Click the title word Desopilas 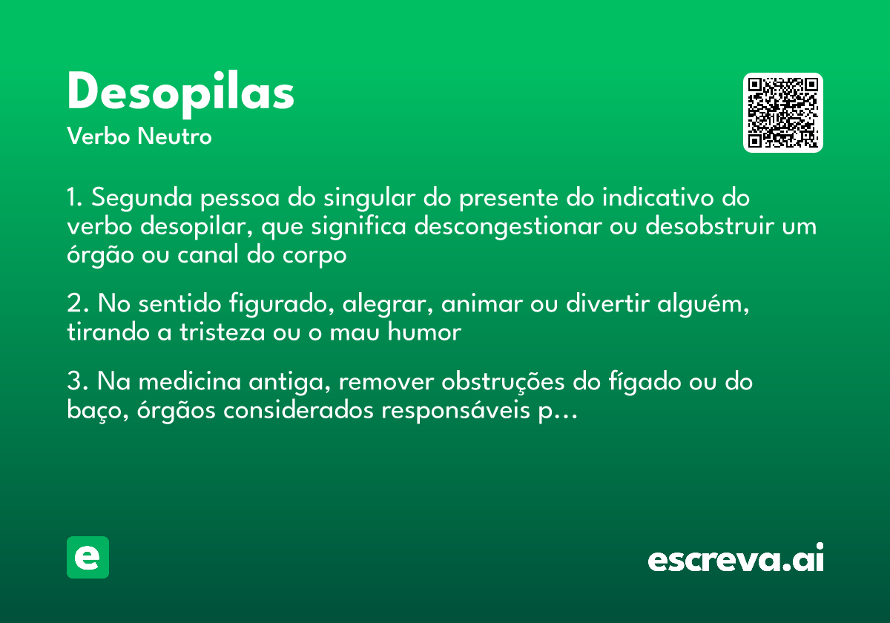[180, 93]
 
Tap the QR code [783, 113]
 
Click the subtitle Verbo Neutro [139, 136]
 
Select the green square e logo [88, 557]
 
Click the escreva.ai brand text [736, 558]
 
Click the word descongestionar [507, 226]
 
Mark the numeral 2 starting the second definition [73, 304]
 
